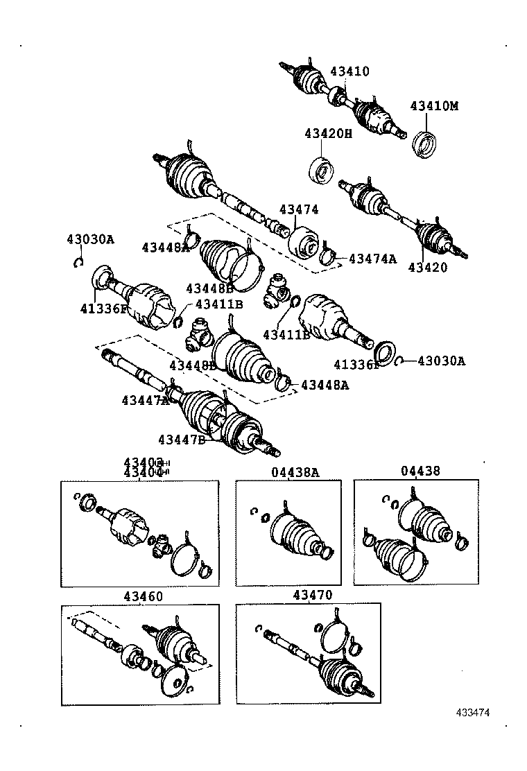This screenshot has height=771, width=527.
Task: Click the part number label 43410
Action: pyautogui.click(x=349, y=71)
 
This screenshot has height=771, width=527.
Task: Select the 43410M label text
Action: pyautogui.click(x=434, y=106)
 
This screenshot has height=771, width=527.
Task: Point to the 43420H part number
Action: pyautogui.click(x=328, y=133)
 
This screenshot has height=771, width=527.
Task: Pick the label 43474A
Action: pyautogui.click(x=372, y=259)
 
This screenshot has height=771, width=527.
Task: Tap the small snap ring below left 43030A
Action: pyautogui.click(x=79, y=261)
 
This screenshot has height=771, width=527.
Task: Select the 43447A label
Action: pyautogui.click(x=146, y=400)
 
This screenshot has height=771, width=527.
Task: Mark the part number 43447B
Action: pyautogui.click(x=182, y=439)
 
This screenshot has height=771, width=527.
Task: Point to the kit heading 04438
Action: pyautogui.click(x=420, y=471)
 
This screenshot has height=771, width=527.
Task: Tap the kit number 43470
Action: pyautogui.click(x=312, y=595)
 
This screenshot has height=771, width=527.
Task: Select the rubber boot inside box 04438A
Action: pyautogui.click(x=295, y=534)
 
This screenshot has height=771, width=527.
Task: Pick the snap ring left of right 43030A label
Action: pyautogui.click(x=401, y=360)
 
